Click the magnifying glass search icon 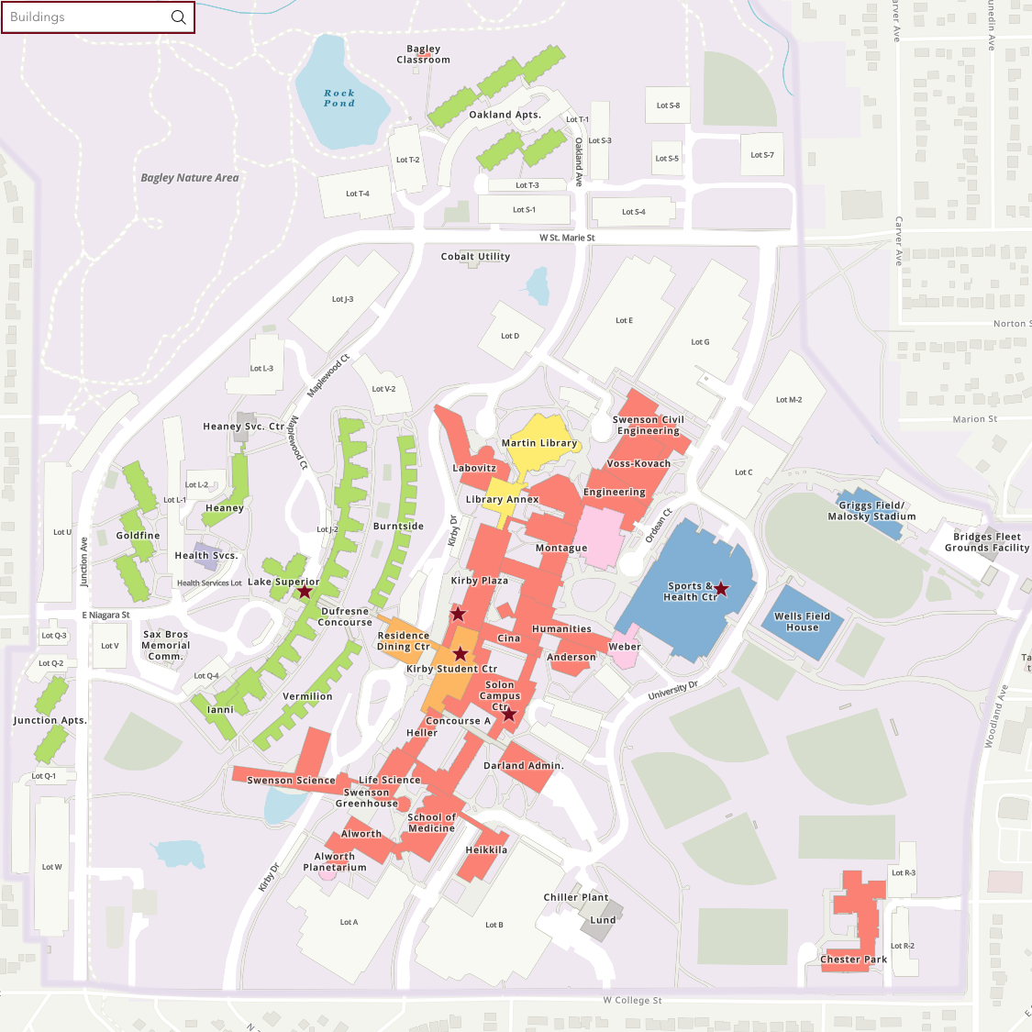[x=179, y=17]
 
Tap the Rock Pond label [x=338, y=98]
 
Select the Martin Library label [x=539, y=443]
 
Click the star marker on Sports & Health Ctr [x=722, y=589]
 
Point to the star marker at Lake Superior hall [x=305, y=592]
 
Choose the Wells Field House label [x=802, y=622]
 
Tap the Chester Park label [x=853, y=960]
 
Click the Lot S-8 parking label [x=668, y=105]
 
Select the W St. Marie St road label [x=567, y=238]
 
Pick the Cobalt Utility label [x=475, y=257]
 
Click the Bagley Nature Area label [x=190, y=178]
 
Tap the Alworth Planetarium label [x=335, y=861]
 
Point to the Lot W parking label [x=52, y=867]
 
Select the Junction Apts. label [x=50, y=720]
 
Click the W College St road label [x=632, y=1000]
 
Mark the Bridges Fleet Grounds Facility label [x=986, y=542]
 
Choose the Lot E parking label [x=624, y=320]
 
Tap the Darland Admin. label [x=523, y=765]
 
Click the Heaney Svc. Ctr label [x=244, y=427]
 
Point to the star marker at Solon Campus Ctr [x=509, y=714]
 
